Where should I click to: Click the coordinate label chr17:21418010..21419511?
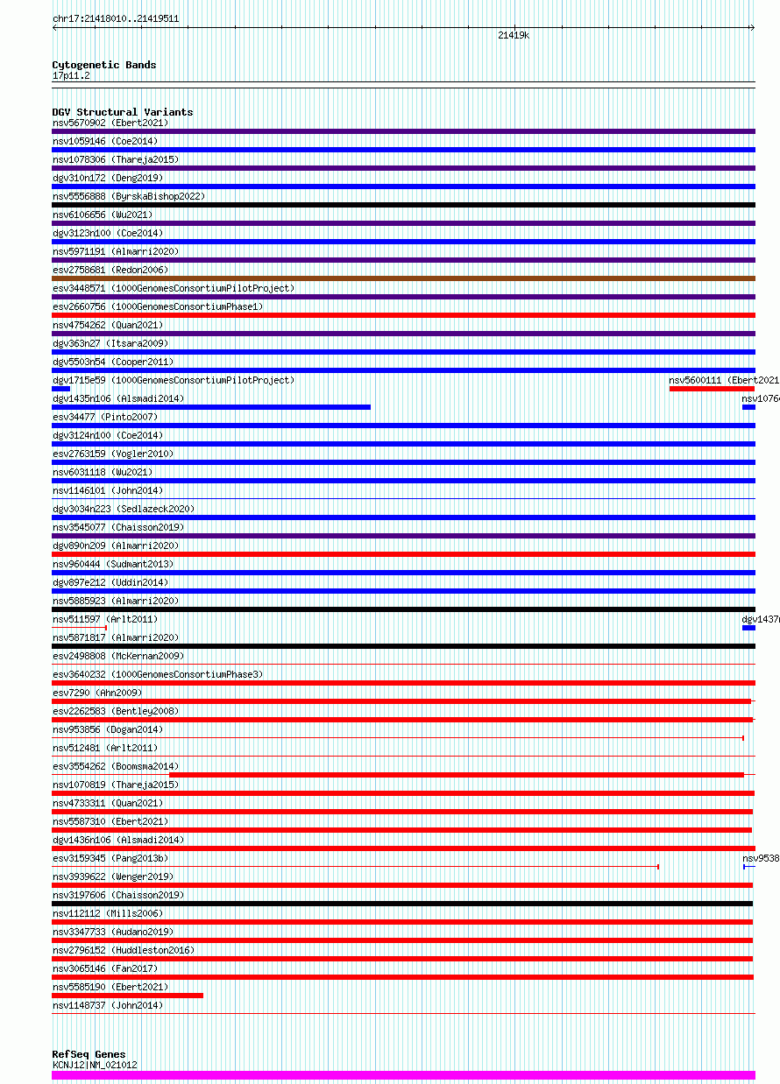[116, 18]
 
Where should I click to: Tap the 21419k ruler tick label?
[513, 36]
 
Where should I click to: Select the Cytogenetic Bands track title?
[104, 65]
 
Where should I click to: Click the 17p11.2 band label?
[71, 75]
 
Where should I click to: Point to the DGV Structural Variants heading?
[123, 112]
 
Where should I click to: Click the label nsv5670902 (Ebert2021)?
[110, 123]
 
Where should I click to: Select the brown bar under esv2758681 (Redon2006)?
[403, 278]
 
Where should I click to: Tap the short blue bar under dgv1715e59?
[61, 389]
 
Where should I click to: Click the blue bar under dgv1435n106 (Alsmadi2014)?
[211, 407]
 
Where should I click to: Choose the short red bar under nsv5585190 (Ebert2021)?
[127, 996]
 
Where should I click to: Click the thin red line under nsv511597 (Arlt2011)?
[79, 628]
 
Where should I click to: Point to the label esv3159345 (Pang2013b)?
[110, 858]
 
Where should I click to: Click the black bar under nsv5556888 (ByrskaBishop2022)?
[403, 205]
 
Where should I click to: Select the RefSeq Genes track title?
[89, 1054]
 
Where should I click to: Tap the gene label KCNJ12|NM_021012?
[95, 1065]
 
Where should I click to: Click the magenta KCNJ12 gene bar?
[403, 1075]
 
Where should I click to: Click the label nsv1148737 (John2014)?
[108, 1005]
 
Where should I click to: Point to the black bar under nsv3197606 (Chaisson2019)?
[402, 904]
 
